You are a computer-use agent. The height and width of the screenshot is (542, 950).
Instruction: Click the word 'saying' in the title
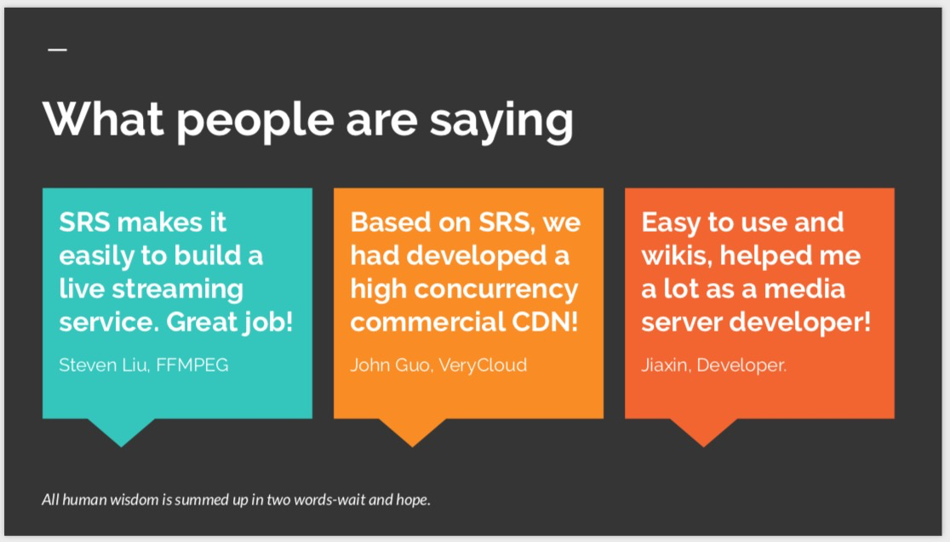click(501, 120)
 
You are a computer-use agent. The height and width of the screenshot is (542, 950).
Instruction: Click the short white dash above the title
click(57, 50)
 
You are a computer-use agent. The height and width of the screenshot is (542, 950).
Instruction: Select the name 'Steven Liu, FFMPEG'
click(144, 365)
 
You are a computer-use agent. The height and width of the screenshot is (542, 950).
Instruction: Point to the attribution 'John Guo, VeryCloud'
click(438, 365)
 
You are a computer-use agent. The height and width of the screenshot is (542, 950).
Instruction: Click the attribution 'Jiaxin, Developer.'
click(713, 365)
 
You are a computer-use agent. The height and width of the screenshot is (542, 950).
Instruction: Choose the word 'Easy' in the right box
click(672, 222)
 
